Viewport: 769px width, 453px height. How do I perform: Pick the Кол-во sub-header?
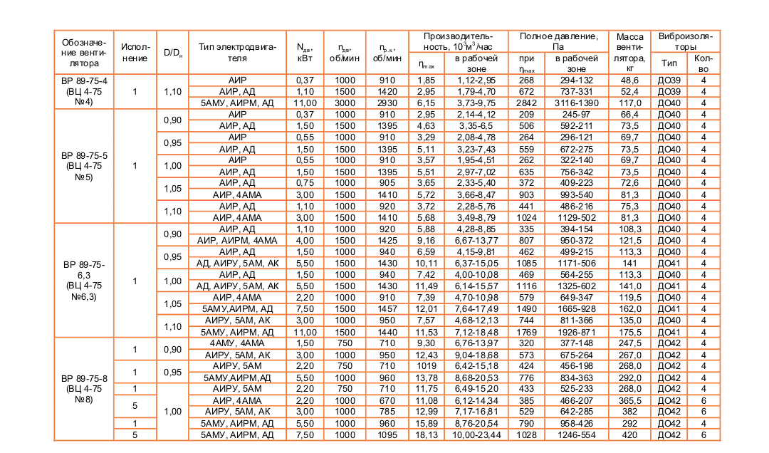click(703, 63)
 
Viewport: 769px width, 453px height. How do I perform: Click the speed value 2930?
click(387, 103)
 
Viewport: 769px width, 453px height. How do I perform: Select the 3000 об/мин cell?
click(345, 103)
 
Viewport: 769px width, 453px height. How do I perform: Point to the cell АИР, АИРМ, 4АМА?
click(237, 241)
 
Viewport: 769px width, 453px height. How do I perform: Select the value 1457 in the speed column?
click(387, 309)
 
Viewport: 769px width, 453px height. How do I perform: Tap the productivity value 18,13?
click(426, 434)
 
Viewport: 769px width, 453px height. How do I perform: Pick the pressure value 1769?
click(526, 332)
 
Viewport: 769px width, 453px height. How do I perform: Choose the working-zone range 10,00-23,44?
click(476, 434)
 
